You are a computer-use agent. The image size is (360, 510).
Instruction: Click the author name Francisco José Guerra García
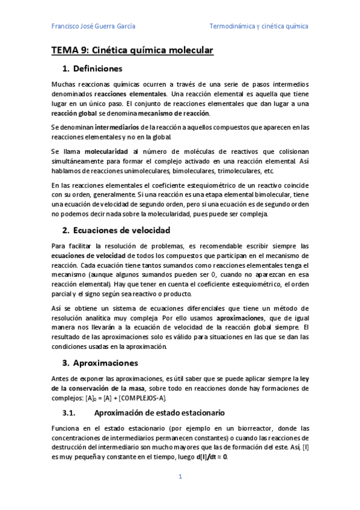pos(93,26)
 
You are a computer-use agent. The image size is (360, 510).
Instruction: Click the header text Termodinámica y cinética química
pos(258,26)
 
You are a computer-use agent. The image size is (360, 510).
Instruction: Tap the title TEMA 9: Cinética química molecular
pos(132,51)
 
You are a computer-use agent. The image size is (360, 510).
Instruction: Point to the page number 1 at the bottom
pos(180,477)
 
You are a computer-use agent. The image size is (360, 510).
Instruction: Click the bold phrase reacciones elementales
pos(130,94)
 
